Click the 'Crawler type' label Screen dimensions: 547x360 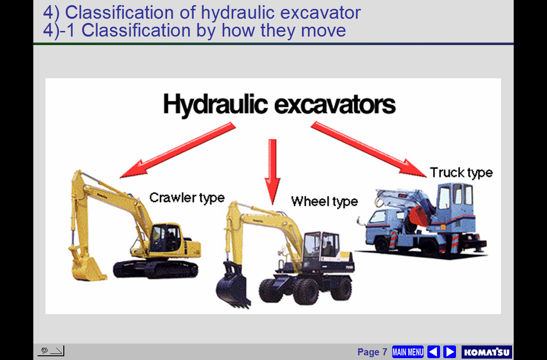[187, 198]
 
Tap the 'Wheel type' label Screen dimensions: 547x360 [325, 202]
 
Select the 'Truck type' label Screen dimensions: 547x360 [461, 172]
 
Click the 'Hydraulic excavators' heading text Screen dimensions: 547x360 [279, 104]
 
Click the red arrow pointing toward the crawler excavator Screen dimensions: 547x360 [178, 150]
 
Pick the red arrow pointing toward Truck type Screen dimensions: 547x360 [368, 150]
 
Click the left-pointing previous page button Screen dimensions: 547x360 [433, 352]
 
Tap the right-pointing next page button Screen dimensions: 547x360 [450, 352]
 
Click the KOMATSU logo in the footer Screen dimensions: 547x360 [486, 352]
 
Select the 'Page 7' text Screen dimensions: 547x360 [372, 352]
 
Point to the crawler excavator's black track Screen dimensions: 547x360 [156, 269]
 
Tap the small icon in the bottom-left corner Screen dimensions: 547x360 [51, 351]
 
